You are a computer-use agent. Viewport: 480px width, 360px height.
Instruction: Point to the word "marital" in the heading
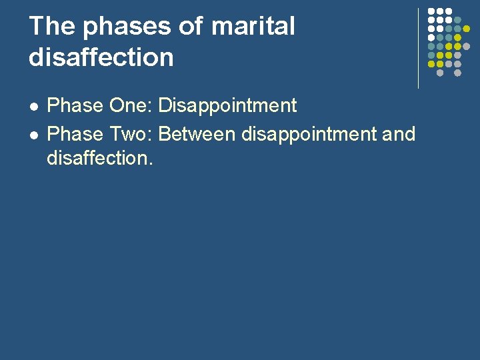(253, 27)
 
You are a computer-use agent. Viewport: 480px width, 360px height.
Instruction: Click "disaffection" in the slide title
(101, 57)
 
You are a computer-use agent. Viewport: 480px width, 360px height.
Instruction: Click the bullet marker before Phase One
(33, 107)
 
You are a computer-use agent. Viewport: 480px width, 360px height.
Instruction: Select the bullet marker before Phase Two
(33, 135)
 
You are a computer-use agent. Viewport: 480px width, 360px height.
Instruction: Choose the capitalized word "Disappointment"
(227, 105)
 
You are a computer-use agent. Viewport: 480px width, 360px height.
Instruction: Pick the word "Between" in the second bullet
(197, 134)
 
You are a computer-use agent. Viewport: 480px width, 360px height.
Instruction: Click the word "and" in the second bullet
(399, 134)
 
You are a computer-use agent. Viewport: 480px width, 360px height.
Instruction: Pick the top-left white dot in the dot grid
(431, 12)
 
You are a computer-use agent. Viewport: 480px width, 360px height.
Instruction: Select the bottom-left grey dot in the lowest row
(440, 73)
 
